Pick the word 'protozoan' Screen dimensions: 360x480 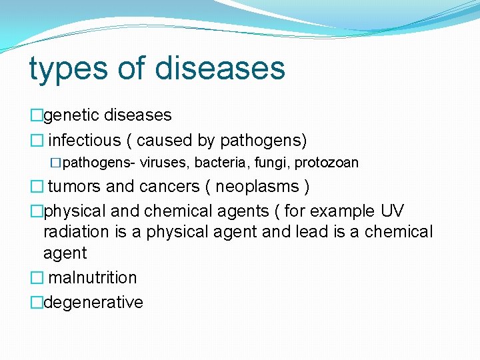click(326, 163)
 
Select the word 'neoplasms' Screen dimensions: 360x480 click(257, 186)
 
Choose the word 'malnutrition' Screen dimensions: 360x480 click(93, 277)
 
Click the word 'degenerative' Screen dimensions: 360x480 click(93, 303)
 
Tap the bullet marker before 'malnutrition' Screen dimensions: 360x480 click(36, 278)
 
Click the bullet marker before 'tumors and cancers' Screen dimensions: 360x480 click(36, 187)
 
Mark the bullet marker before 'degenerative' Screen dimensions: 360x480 click(36, 303)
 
